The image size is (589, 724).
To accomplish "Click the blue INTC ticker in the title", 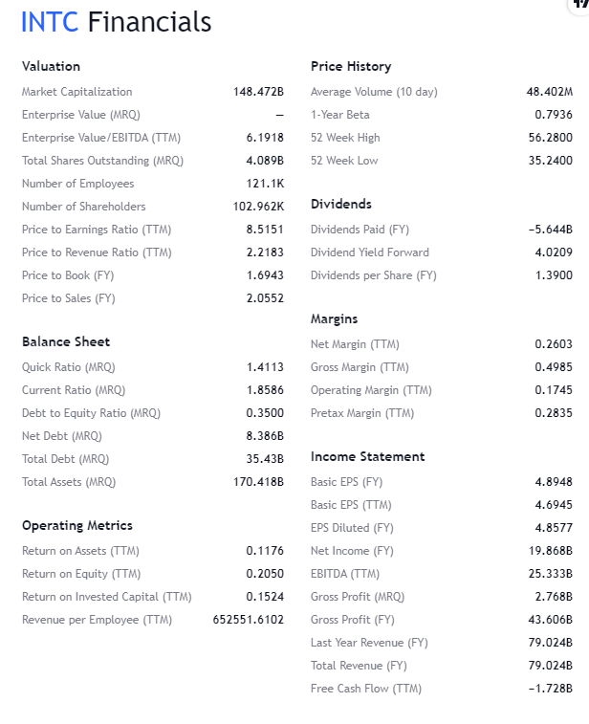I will (50, 22).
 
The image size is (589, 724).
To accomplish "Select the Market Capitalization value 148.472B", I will (258, 92).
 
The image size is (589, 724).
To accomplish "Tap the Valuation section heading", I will (51, 66).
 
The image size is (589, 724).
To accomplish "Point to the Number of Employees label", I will (78, 184).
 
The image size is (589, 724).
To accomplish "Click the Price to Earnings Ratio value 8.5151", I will (265, 230).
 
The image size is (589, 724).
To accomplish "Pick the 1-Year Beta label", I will (340, 115).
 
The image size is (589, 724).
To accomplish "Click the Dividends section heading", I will (341, 204).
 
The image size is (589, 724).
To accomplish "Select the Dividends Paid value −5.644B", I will (550, 230).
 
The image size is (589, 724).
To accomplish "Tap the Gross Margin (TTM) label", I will (360, 367).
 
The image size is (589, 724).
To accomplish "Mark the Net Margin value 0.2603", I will (554, 344).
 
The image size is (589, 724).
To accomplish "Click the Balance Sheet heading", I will (66, 341).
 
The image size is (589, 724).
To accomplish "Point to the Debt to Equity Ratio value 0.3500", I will (265, 413).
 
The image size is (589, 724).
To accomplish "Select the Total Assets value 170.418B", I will (258, 482).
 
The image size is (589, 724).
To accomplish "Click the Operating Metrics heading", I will (77, 525).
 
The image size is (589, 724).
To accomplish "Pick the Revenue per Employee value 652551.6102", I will (249, 620).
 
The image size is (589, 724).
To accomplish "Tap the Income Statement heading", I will (368, 456).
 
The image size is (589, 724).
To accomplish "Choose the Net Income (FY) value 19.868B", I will (550, 551).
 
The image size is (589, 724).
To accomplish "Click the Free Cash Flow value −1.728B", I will (550, 689).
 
